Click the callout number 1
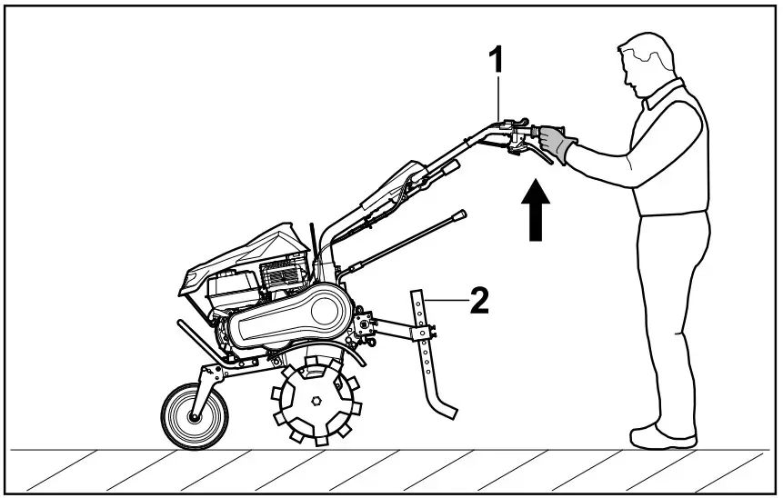pyautogui.click(x=497, y=62)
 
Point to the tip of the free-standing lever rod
pyautogui.click(x=461, y=214)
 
